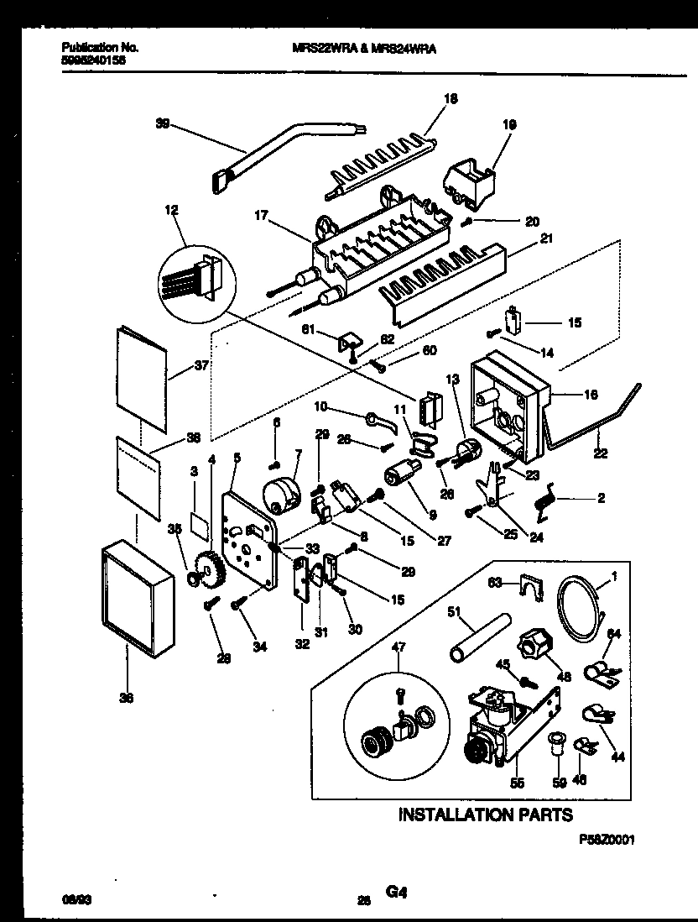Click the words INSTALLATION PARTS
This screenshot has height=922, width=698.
[485, 814]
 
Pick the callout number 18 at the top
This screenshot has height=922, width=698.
[451, 98]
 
